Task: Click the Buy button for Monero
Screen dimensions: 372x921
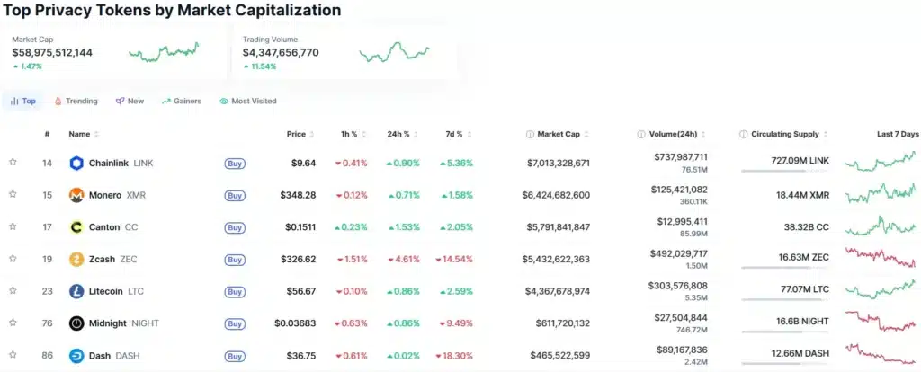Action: click(235, 195)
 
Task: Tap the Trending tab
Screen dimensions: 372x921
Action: click(76, 102)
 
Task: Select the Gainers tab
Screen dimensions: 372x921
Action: click(182, 102)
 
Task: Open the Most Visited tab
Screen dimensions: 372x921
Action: click(248, 102)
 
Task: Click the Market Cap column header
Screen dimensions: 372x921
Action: click(558, 134)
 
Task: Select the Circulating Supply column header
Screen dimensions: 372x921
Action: click(784, 134)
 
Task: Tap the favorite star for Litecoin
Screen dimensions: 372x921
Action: click(13, 290)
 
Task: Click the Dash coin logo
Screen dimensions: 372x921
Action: click(76, 356)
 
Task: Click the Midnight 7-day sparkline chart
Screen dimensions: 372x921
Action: click(881, 322)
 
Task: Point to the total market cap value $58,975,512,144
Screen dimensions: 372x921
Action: click(52, 53)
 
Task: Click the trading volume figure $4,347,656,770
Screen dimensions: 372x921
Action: click(281, 53)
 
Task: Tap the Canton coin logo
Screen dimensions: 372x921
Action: click(76, 227)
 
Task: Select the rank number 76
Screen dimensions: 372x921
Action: click(47, 323)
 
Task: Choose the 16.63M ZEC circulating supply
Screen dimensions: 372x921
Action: click(799, 259)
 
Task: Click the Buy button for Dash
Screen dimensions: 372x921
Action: click(235, 356)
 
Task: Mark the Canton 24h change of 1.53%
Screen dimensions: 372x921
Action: click(404, 227)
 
